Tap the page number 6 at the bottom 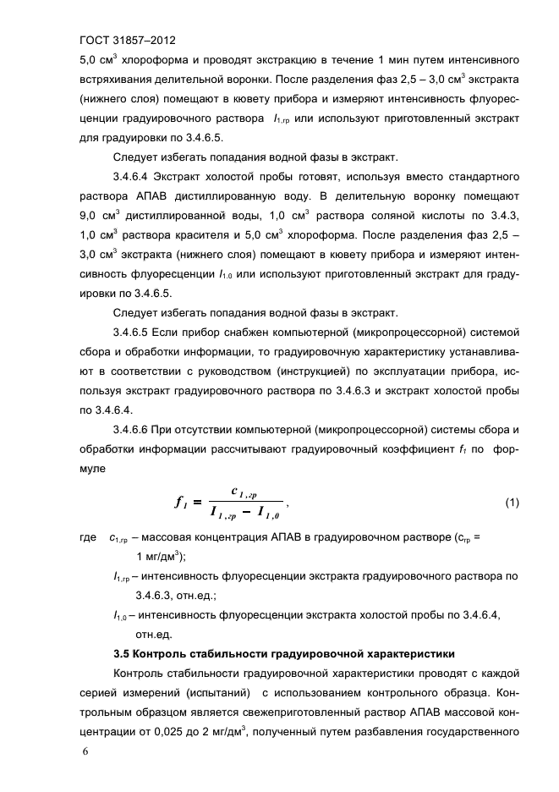83,751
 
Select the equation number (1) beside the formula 512,503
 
